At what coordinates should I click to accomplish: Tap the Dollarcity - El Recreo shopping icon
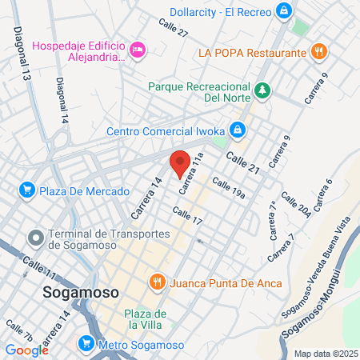coord(283,11)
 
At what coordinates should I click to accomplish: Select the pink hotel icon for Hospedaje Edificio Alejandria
coord(138,50)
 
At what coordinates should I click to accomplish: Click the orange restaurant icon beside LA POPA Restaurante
coord(319,52)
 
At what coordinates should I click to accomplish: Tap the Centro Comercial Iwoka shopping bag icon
coord(238,129)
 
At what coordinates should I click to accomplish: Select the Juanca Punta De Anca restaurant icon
coord(157,282)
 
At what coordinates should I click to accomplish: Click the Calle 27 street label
coord(173,33)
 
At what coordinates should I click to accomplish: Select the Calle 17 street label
coord(187,215)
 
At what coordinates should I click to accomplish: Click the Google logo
coord(26,350)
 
